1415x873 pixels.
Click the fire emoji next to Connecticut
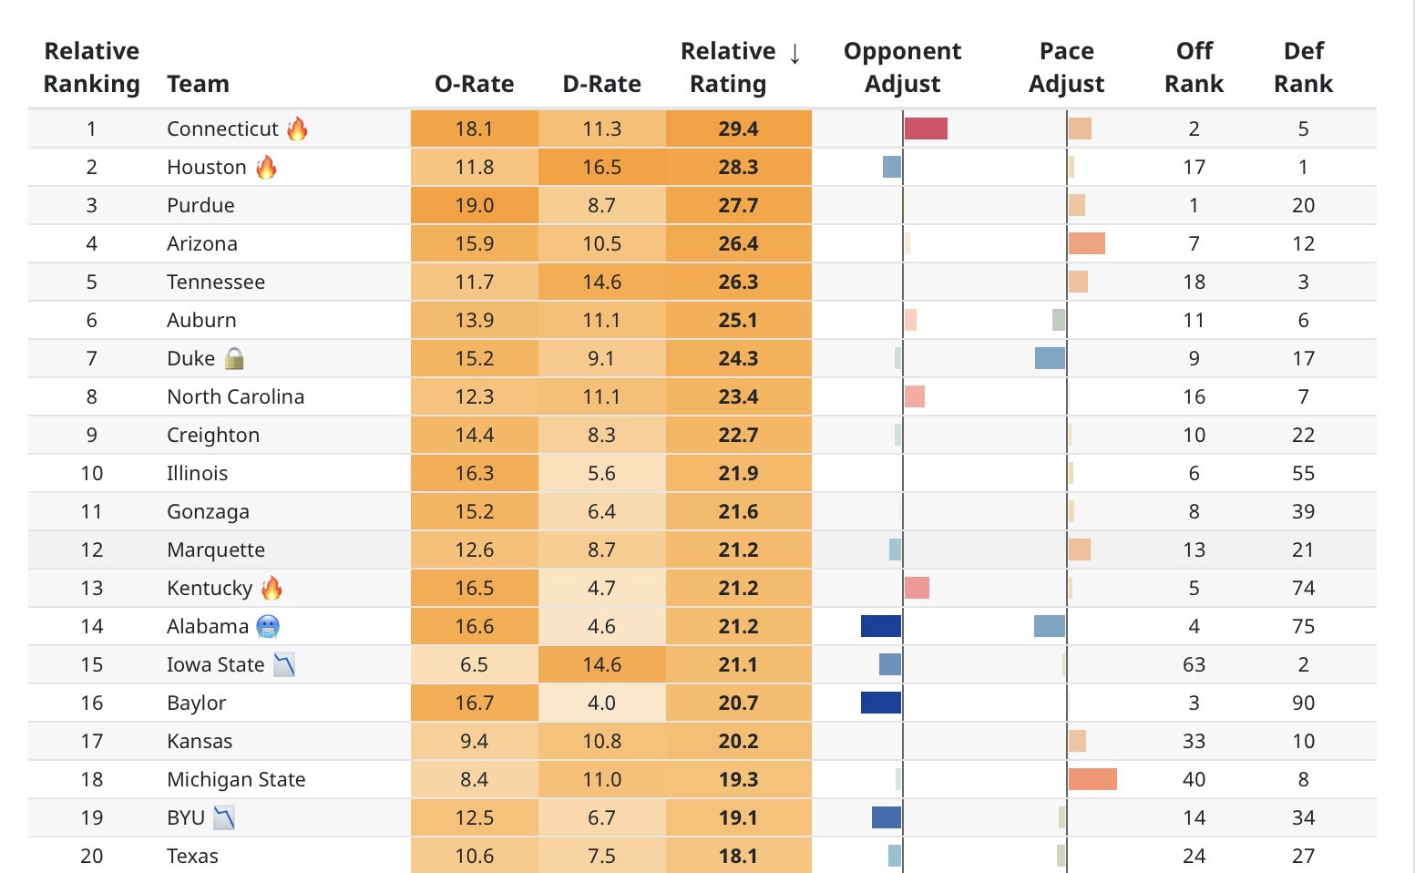tap(297, 128)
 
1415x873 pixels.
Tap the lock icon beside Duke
tap(234, 358)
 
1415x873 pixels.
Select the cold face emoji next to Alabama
tap(268, 626)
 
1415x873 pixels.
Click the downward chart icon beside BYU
tap(224, 817)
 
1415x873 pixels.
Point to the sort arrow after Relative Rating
tap(795, 53)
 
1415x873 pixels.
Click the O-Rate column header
tap(474, 84)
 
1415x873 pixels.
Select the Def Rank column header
tap(1303, 67)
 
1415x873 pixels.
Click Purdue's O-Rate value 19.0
tap(474, 205)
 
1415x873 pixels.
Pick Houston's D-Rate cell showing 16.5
tap(601, 167)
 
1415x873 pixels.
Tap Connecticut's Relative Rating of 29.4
tap(738, 128)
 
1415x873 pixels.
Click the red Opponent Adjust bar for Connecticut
tap(926, 128)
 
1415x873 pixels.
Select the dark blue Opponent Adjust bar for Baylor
tap(881, 703)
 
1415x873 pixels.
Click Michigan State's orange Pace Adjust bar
tap(1092, 779)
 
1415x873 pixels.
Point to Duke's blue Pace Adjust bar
tap(1050, 358)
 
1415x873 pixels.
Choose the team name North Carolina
tap(235, 396)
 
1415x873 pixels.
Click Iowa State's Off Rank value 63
tap(1194, 664)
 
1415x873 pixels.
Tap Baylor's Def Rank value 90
tap(1303, 703)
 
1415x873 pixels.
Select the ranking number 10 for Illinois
tap(92, 473)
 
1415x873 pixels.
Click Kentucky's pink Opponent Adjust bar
tap(917, 588)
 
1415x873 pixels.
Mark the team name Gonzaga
tap(208, 511)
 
